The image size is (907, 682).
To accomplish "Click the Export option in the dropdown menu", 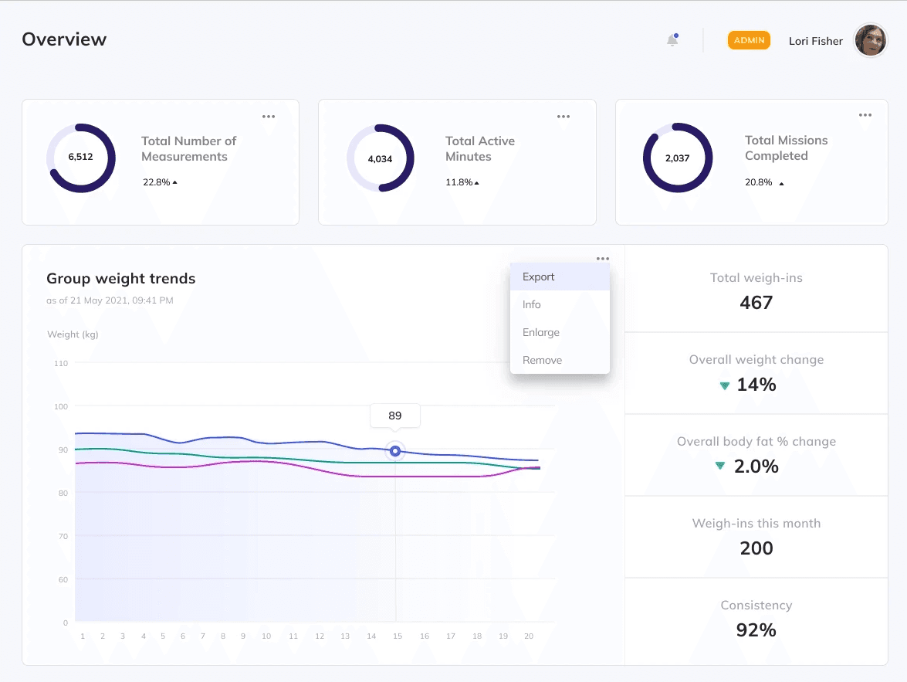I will pos(539,277).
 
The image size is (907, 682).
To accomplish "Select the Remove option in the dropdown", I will pos(542,361).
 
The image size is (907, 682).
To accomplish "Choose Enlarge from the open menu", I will pos(540,333).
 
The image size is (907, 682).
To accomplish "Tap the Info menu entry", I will pos(531,305).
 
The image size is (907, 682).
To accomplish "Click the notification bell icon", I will pos(672,41).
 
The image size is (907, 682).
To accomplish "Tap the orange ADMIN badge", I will pos(749,40).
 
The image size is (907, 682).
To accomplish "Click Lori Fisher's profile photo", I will pos(871,40).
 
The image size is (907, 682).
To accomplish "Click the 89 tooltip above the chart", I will pos(395,416).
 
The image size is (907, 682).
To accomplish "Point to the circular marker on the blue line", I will pos(395,451).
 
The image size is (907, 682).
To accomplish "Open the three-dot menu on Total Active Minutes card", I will pos(563,117).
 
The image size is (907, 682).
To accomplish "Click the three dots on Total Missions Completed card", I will pos(865,116).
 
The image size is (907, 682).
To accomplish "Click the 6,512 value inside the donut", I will pos(80,157).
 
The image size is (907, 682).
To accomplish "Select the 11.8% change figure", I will pos(459,183).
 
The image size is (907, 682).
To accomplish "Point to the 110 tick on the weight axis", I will pos(60,363).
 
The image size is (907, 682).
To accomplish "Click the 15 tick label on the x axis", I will pos(398,636).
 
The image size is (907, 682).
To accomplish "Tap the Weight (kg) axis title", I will pos(73,334).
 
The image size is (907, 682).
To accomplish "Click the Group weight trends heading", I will pos(120,279).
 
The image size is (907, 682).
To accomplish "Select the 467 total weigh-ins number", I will pos(756,303).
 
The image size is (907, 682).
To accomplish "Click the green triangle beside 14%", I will pos(724,385).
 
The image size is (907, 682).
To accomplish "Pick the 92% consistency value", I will pos(756,630).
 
